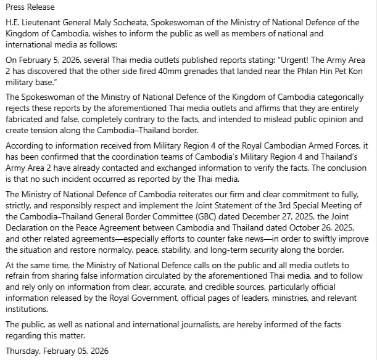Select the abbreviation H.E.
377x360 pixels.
coord(12,23)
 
